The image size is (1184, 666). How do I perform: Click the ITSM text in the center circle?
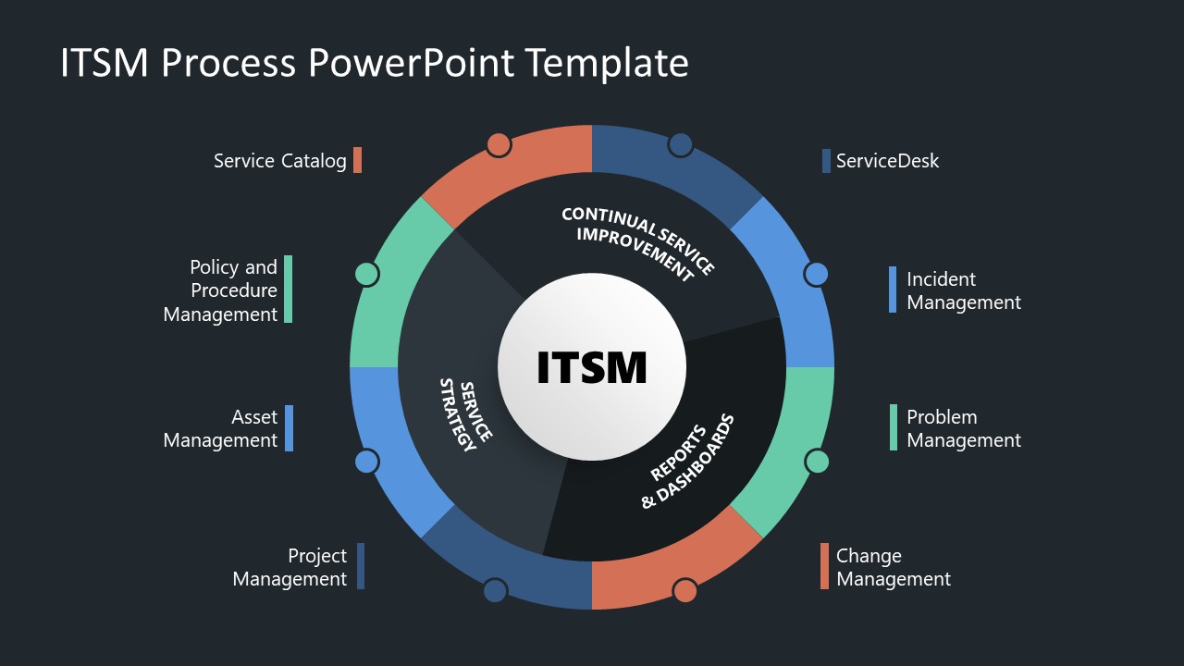coord(592,367)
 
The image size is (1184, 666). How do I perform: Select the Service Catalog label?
coord(279,161)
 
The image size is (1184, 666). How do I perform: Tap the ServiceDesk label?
coord(887,161)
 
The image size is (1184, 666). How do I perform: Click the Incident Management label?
coord(963,290)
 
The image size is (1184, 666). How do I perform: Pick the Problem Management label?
coord(963,428)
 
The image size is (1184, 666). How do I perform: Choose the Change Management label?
coord(893,567)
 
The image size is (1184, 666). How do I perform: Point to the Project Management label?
coord(290,567)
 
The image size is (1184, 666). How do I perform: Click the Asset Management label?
coord(220,428)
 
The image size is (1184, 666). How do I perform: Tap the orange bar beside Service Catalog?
coord(357,160)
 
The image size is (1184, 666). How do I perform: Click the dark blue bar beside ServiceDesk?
coord(826,161)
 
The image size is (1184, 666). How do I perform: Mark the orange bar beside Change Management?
coord(824,566)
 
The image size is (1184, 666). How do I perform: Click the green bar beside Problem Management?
coord(894,427)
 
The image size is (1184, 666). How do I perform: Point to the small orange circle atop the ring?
coord(499,144)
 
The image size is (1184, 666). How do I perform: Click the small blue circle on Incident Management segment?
coord(816,274)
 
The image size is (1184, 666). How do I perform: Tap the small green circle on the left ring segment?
coord(367,274)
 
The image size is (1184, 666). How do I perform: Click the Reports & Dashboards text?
coord(686,461)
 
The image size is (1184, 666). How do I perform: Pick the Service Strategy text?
coord(464,414)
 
